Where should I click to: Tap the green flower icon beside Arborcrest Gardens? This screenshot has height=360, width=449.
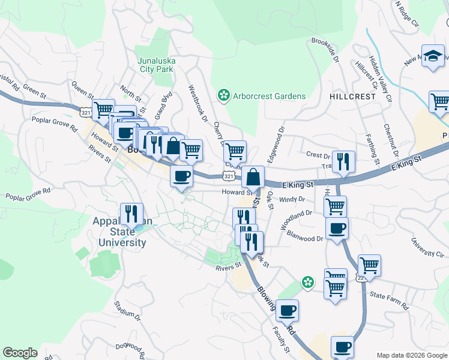click(223, 95)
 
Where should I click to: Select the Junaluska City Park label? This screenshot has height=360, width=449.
click(155, 65)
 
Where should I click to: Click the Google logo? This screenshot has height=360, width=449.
click(20, 353)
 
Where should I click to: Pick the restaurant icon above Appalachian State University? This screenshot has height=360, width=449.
click(130, 214)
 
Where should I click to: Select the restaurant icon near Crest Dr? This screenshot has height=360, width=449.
click(343, 161)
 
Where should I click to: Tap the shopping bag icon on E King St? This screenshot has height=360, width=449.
click(254, 177)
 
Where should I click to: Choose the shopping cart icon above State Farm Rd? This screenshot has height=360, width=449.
click(369, 265)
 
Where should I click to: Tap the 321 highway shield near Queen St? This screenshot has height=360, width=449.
click(86, 111)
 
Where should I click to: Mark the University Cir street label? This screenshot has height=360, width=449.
click(427, 247)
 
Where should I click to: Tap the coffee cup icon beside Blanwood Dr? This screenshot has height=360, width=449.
click(337, 229)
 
